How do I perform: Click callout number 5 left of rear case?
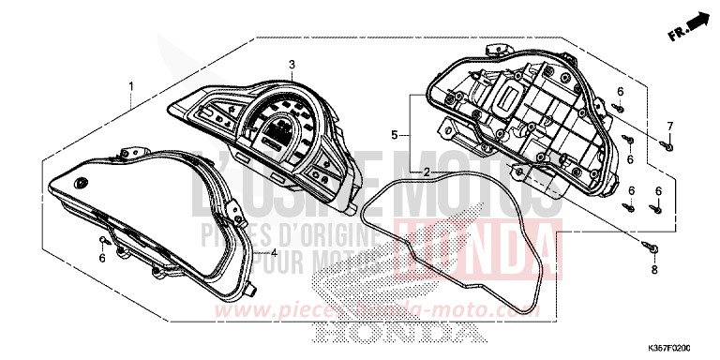pos(396,133)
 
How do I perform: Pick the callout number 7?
pos(670,126)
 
